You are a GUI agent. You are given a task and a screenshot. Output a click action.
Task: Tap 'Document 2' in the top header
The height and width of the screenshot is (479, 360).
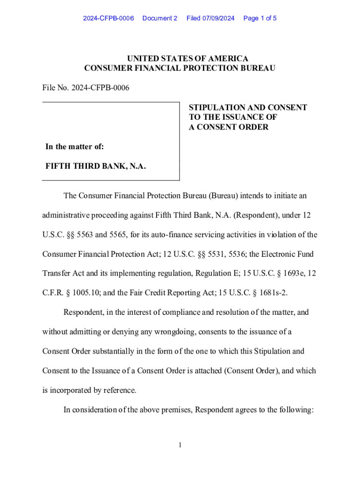pos(160,18)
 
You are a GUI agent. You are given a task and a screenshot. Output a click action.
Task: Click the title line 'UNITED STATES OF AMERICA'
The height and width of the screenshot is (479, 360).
pos(180,58)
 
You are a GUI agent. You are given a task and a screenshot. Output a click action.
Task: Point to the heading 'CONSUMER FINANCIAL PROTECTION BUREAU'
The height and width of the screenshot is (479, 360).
pos(180,68)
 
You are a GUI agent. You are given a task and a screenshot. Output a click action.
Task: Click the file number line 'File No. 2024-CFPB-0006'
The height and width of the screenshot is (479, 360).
pos(86,88)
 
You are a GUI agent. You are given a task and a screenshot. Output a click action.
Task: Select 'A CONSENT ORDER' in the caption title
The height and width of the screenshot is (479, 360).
pos(229,127)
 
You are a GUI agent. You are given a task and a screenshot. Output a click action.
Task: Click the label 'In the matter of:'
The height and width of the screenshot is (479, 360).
pos(74,147)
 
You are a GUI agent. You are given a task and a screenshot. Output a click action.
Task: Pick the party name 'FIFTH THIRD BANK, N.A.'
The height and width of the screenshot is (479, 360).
pos(95,166)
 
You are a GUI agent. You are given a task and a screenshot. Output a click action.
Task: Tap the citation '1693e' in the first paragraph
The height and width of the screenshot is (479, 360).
pos(287,273)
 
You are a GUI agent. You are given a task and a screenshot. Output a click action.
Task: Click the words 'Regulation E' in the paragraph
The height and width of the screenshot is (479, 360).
pos(207,273)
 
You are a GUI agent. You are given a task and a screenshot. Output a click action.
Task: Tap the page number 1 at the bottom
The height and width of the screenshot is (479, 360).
pos(180,445)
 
